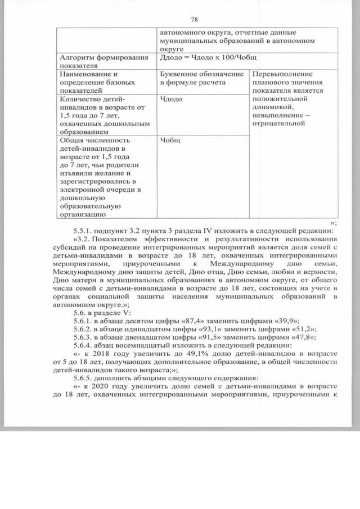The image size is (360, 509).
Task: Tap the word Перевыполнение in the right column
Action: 282,74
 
